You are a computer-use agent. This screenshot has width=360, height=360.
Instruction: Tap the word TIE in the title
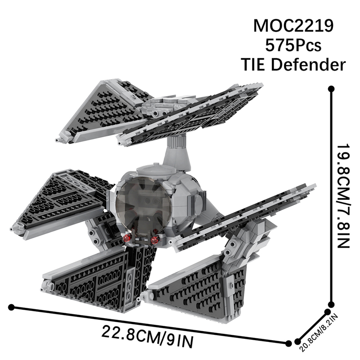click(x=257, y=65)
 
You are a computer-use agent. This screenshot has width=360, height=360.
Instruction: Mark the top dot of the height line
click(x=332, y=89)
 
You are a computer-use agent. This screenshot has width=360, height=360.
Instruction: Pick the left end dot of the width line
click(x=11, y=307)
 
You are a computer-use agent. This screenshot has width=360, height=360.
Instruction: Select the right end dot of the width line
click(x=288, y=343)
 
